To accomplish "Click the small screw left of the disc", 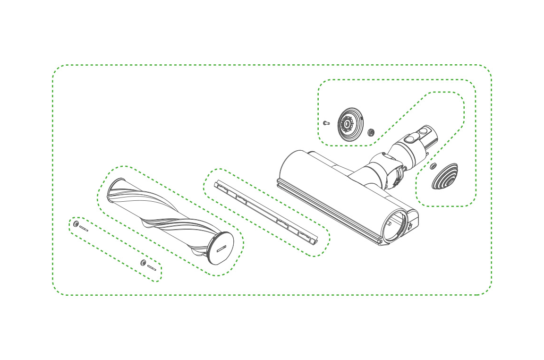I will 326,122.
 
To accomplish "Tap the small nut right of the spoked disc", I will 371,131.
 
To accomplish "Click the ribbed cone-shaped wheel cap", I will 445,176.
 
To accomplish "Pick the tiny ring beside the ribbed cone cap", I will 433,166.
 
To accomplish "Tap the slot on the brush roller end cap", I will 223,248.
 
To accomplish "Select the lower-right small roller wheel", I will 143,262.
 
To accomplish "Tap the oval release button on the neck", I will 409,139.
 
